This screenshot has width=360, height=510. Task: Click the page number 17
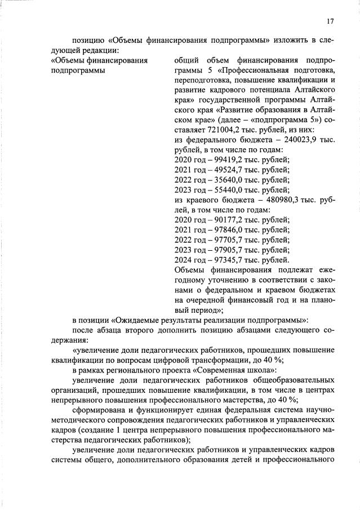pyautogui.click(x=330, y=21)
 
